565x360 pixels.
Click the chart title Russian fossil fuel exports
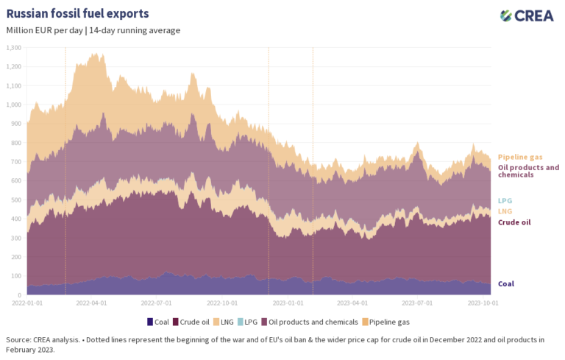tap(77, 13)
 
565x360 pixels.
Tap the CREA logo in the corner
tap(527, 15)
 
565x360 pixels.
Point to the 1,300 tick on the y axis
tap(13, 47)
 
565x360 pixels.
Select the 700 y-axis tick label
tap(16, 161)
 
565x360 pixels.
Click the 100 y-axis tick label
tap(16, 275)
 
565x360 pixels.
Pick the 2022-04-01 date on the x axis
tap(93, 302)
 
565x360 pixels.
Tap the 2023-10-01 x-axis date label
tap(484, 302)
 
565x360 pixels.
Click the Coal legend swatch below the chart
tap(151, 322)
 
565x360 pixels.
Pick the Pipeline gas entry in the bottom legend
tap(388, 322)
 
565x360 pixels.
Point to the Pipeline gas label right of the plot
tap(519, 157)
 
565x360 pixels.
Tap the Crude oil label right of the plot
tap(514, 222)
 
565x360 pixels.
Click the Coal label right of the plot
tap(506, 283)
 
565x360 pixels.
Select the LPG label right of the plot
tap(505, 200)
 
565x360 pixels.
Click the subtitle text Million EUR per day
tap(43, 30)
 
